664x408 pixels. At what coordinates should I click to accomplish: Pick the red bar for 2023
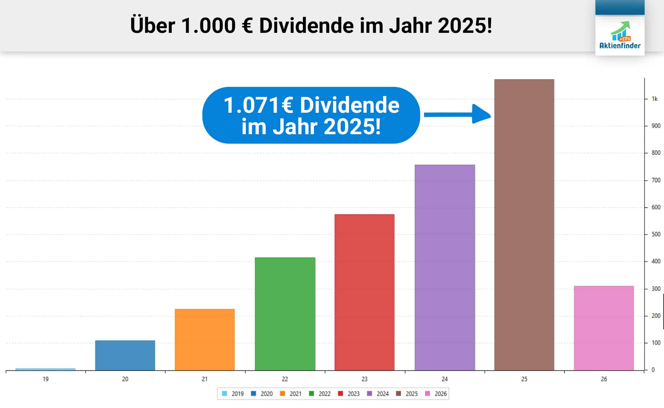click(x=364, y=292)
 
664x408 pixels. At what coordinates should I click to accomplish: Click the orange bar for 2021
click(x=205, y=339)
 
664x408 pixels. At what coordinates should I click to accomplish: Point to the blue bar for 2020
click(x=125, y=355)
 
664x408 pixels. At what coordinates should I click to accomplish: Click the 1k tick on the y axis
click(x=655, y=99)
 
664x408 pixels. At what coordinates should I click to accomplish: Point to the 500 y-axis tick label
click(x=656, y=234)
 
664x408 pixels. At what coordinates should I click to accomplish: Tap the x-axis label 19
click(x=46, y=379)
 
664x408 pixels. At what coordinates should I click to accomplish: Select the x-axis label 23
click(x=364, y=379)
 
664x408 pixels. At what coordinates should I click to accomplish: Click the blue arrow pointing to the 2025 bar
click(x=457, y=114)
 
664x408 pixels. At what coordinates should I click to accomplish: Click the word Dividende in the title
click(x=306, y=26)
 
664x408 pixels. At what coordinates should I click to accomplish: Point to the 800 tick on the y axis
click(x=656, y=153)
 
